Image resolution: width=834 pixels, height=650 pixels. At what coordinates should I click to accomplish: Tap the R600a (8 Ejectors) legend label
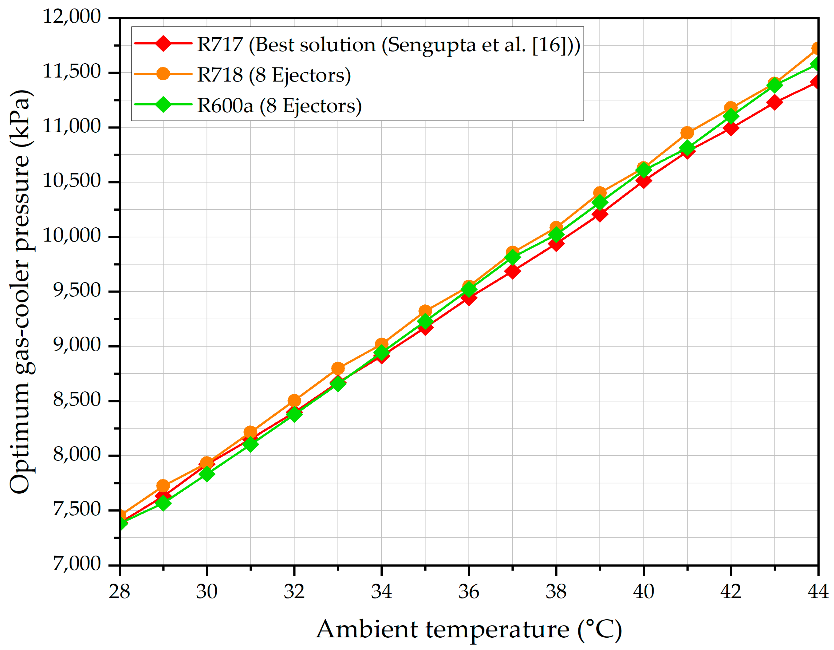[279, 106]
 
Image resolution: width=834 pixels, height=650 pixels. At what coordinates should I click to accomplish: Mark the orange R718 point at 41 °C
[687, 133]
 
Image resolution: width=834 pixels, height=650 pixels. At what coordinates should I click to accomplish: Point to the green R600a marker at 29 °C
[163, 503]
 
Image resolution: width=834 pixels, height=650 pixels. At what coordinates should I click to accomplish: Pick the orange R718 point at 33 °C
[337, 368]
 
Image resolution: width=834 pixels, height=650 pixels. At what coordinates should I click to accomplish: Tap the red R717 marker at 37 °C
[512, 271]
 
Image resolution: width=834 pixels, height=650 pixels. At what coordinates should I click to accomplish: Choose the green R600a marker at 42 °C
[731, 116]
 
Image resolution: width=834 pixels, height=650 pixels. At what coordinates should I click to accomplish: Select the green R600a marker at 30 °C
[207, 474]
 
